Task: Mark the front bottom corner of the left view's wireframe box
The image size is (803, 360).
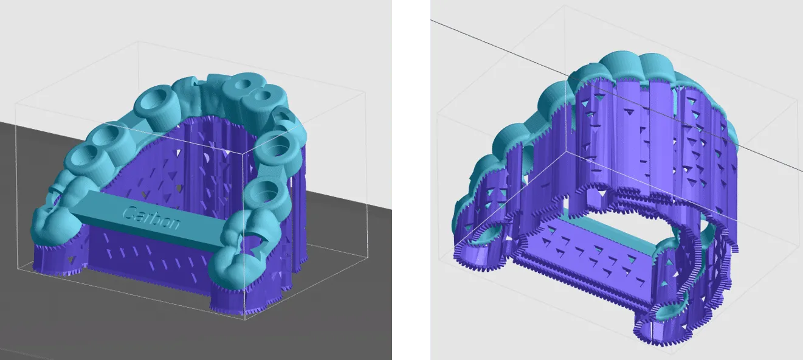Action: point(245,320)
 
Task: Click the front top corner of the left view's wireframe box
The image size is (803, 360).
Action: point(243,153)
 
